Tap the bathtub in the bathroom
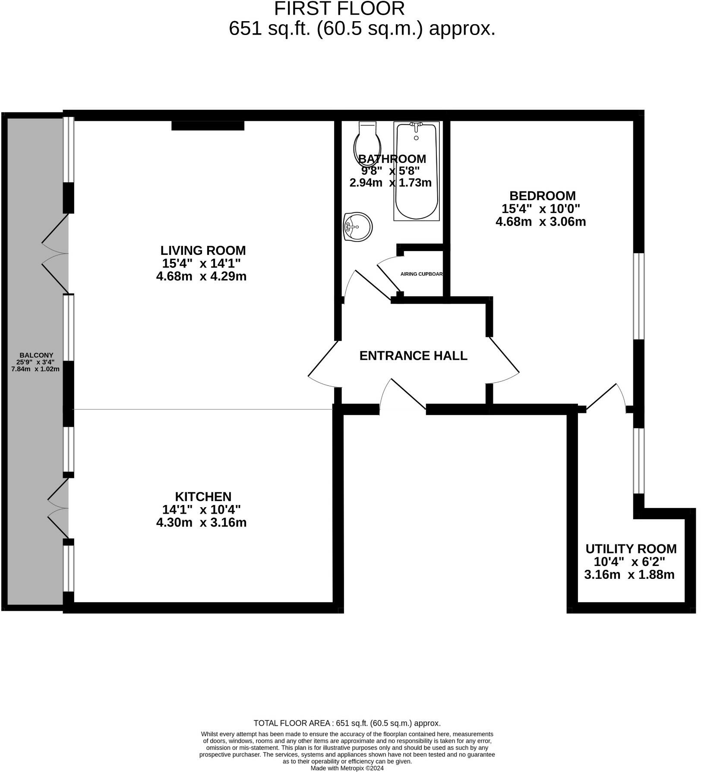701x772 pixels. click(417, 173)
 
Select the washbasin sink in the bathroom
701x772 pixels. click(357, 227)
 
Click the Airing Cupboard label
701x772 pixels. click(422, 274)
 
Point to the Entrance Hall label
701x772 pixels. click(413, 356)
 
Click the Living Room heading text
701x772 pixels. click(203, 251)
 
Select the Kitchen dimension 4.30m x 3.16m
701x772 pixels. click(201, 523)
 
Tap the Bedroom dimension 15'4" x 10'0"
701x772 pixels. click(540, 209)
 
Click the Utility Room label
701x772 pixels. click(631, 549)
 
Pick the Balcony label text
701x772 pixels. click(36, 356)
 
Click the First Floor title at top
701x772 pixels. click(339, 9)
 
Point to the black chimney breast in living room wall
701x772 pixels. click(208, 126)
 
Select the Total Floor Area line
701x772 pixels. click(347, 723)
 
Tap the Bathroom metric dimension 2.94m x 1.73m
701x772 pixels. click(390, 183)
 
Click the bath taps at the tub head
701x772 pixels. click(416, 127)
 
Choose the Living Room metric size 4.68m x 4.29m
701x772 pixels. click(201, 276)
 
